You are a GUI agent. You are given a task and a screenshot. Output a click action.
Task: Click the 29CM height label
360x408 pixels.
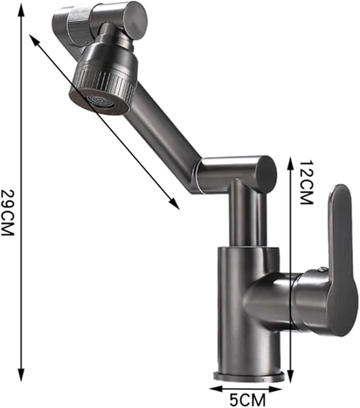(x=9, y=212)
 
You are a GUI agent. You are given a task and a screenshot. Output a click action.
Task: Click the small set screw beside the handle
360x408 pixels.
(x=320, y=269)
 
